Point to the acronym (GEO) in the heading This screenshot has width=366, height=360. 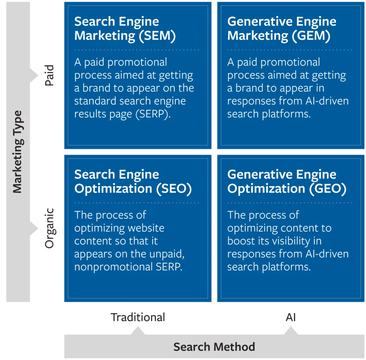click(328, 188)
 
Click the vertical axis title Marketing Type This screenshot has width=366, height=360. click(18, 152)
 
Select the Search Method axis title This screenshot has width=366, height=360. click(214, 346)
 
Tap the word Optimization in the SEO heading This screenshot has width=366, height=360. click(113, 188)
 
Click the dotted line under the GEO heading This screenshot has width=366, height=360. click(289, 202)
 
